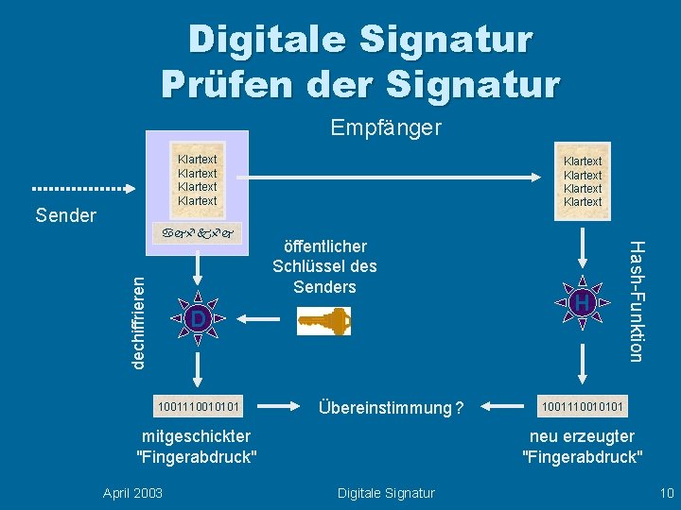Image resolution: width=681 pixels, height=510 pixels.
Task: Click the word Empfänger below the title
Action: tap(386, 127)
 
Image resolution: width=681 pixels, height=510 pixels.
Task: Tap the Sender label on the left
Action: tap(65, 215)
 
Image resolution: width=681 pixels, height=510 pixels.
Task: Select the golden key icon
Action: tap(323, 322)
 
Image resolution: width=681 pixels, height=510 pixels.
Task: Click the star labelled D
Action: tap(197, 320)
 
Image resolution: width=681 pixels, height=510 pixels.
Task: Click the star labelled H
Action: tap(583, 302)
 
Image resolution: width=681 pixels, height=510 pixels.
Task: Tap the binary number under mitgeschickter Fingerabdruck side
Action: tap(199, 407)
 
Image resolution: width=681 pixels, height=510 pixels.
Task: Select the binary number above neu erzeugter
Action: tap(583, 407)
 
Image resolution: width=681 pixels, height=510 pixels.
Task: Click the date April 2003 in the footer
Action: tap(131, 492)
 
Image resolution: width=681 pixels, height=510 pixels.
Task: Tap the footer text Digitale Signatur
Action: tap(387, 492)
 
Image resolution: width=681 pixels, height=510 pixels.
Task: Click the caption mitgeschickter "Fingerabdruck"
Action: tap(197, 447)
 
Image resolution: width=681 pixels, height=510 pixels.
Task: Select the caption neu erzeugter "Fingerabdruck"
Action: tap(582, 447)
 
